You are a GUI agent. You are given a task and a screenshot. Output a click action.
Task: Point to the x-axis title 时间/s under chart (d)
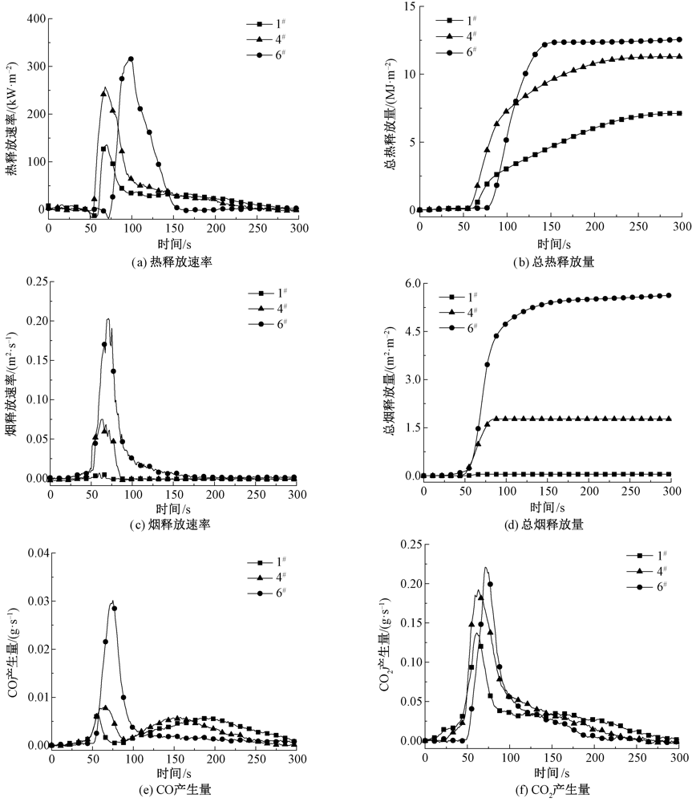tap(548, 507)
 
